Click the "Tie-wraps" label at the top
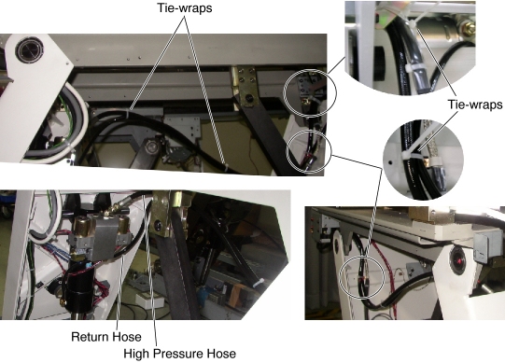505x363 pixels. [x=185, y=7]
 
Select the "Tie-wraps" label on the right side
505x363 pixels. [x=475, y=105]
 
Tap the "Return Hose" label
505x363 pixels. [x=106, y=337]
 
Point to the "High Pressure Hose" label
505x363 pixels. [x=180, y=354]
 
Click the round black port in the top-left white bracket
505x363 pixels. [x=29, y=50]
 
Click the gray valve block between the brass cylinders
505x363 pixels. [x=103, y=236]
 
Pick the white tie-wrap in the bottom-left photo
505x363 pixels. [x=259, y=283]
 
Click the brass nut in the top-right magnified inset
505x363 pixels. [x=469, y=28]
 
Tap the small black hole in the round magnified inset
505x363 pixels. [x=391, y=162]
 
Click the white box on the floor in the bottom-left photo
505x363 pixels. [x=148, y=300]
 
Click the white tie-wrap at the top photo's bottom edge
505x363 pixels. [x=227, y=167]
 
